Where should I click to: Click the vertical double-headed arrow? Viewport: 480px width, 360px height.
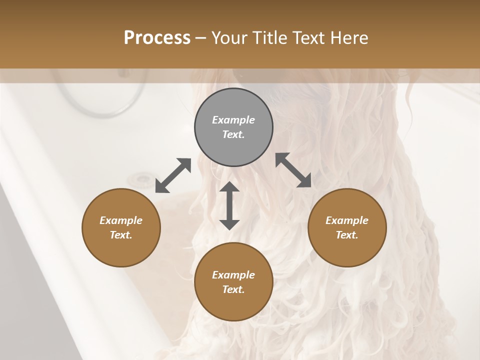(229, 205)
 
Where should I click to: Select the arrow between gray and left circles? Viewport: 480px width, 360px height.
(173, 175)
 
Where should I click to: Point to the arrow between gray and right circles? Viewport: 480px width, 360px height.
(293, 170)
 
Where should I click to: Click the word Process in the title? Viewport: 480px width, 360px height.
(157, 37)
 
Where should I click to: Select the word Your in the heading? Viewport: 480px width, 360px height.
(228, 37)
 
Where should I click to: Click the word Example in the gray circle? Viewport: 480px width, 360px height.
(233, 120)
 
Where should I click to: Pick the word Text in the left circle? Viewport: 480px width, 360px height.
(121, 235)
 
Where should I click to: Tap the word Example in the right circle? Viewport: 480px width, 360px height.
(347, 220)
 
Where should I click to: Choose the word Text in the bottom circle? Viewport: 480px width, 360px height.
(233, 289)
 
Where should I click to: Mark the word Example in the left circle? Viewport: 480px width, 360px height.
(121, 220)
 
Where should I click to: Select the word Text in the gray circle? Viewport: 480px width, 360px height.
(233, 134)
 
